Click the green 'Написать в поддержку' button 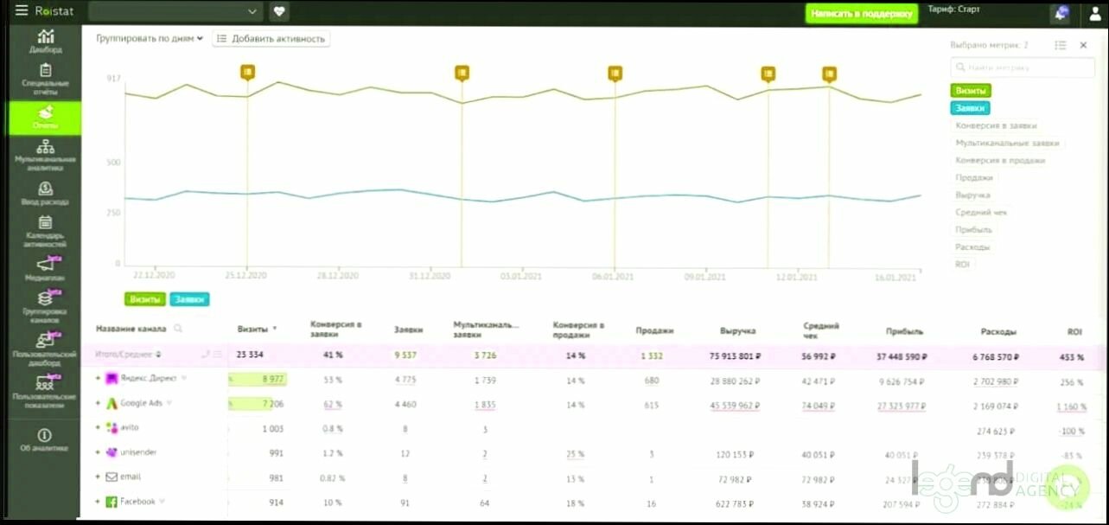coord(861,14)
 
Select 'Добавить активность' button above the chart coord(271,39)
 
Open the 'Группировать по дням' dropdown coord(149,39)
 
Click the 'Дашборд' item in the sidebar coord(45,42)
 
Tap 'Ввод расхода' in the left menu coord(45,194)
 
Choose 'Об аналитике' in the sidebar coord(45,440)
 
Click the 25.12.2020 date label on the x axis coord(246,276)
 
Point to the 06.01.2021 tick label coord(613,277)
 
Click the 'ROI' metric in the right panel coord(962,264)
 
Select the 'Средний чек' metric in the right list coord(981,212)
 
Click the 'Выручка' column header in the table coord(737,330)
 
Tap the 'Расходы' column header coord(998,331)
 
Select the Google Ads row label coord(140,403)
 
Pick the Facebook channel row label coord(137,502)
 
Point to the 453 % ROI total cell coord(1073,355)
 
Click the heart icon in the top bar coord(278,12)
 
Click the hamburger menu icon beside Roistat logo coord(21,11)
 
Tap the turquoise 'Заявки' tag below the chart coord(189,299)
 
